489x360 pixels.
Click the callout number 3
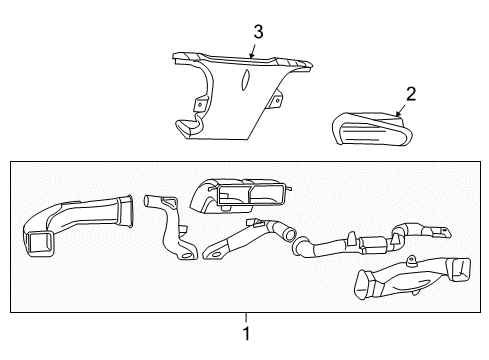258,32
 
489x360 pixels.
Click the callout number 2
409,95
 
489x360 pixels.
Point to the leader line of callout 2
402,109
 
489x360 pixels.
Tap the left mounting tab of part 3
199,103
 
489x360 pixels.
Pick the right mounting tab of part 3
278,100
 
